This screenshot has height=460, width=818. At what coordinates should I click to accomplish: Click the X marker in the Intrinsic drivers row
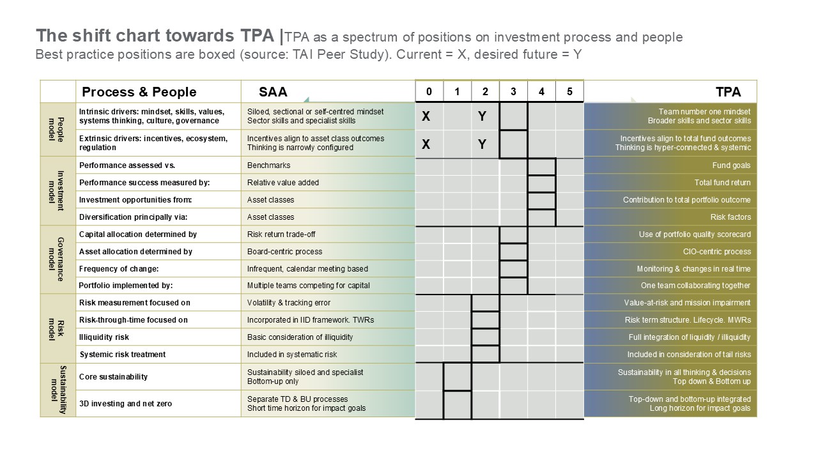coord(426,117)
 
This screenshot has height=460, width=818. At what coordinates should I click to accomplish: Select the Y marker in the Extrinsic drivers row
coord(482,144)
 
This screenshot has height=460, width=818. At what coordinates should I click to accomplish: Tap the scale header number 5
coord(569,91)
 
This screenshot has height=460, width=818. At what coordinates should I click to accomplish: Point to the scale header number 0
coord(429,91)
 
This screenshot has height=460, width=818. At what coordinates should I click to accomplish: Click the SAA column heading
coord(273,91)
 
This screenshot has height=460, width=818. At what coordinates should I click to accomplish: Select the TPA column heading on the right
coord(728,91)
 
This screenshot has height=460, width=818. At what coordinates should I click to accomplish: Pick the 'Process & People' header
coord(139,91)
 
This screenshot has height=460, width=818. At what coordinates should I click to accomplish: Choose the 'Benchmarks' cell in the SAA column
coord(268,165)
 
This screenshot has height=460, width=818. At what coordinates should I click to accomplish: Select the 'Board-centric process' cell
coord(284,252)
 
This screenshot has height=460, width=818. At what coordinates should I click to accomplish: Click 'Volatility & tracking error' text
coord(289,303)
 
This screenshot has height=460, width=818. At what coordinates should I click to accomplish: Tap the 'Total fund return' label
coord(722,183)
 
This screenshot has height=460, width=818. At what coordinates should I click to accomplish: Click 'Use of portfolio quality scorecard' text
coord(695,234)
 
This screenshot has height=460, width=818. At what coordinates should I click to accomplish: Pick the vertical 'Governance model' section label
coord(58,259)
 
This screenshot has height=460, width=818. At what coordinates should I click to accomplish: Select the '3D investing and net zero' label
coord(125,404)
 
